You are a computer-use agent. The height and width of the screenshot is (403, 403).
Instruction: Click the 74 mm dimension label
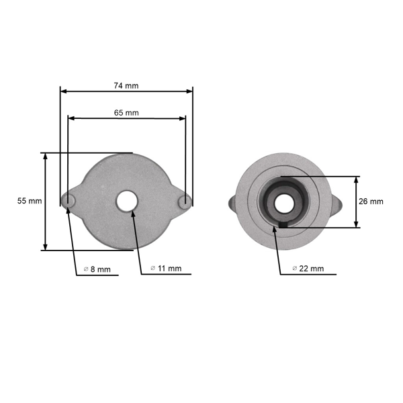126,86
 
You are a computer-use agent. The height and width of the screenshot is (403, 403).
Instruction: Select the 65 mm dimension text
126,113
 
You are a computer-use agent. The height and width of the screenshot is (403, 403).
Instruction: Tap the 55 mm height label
30,201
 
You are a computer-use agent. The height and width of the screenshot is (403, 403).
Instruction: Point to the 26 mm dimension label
371,201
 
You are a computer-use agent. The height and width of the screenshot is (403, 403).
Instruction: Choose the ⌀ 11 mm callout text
166,269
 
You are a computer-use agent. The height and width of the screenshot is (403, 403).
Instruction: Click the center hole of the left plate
126,201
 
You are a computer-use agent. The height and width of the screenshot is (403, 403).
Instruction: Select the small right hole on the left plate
184,201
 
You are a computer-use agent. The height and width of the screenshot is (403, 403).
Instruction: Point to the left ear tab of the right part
232,202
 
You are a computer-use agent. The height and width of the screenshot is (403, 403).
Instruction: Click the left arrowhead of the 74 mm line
63,91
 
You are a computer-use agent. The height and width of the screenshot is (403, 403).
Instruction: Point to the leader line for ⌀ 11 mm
138,242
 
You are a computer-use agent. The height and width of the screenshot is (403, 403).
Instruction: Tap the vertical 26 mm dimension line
356,201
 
